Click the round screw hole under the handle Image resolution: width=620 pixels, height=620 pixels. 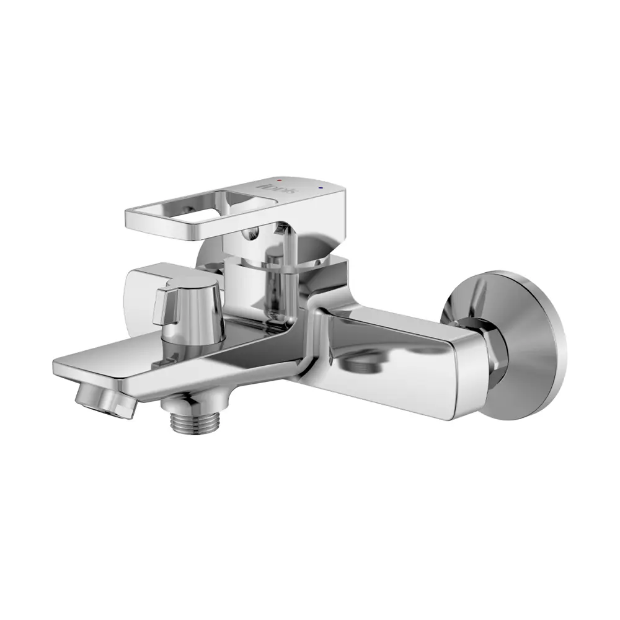(252, 234)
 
